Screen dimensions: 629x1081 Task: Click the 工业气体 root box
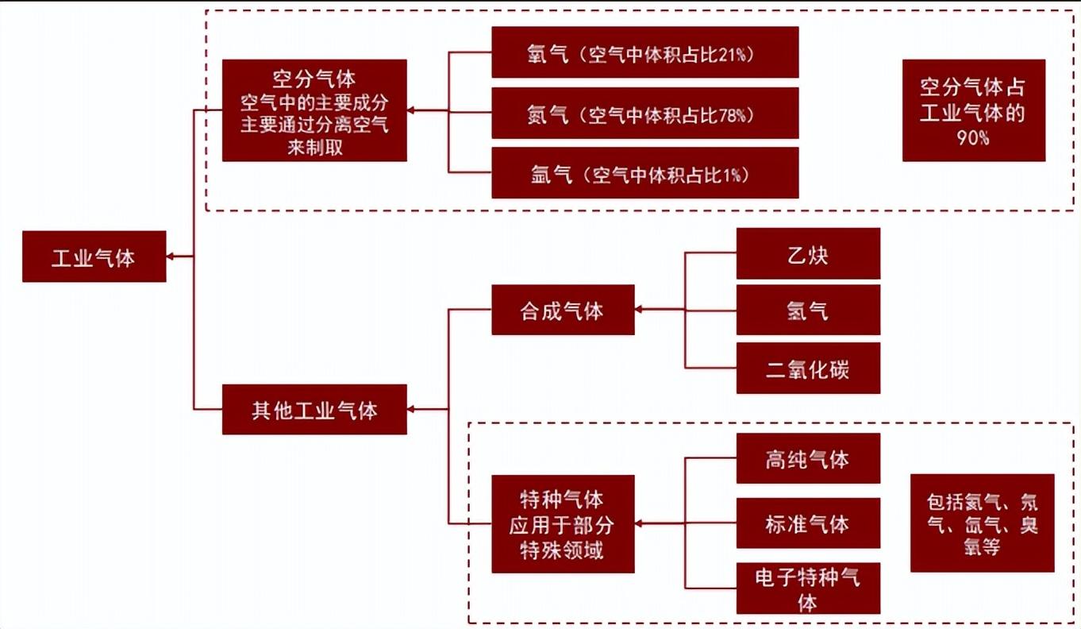(94, 257)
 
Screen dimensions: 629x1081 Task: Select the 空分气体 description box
(314, 110)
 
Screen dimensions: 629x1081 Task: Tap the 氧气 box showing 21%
(644, 52)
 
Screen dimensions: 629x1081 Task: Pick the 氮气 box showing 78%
(644, 114)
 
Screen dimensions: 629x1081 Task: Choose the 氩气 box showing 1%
(644, 172)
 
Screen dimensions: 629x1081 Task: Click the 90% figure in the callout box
(973, 137)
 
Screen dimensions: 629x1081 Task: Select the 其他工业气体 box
(314, 410)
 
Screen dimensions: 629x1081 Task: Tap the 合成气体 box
(563, 310)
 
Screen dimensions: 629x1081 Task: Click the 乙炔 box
(808, 253)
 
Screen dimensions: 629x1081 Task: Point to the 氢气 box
(808, 310)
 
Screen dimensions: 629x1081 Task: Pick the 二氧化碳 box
(808, 369)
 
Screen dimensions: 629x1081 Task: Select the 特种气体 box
(563, 524)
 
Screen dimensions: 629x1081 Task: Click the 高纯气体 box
(808, 458)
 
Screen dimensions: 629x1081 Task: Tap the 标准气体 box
(808, 523)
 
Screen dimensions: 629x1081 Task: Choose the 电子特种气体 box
(808, 588)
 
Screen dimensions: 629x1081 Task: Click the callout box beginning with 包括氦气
(982, 523)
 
